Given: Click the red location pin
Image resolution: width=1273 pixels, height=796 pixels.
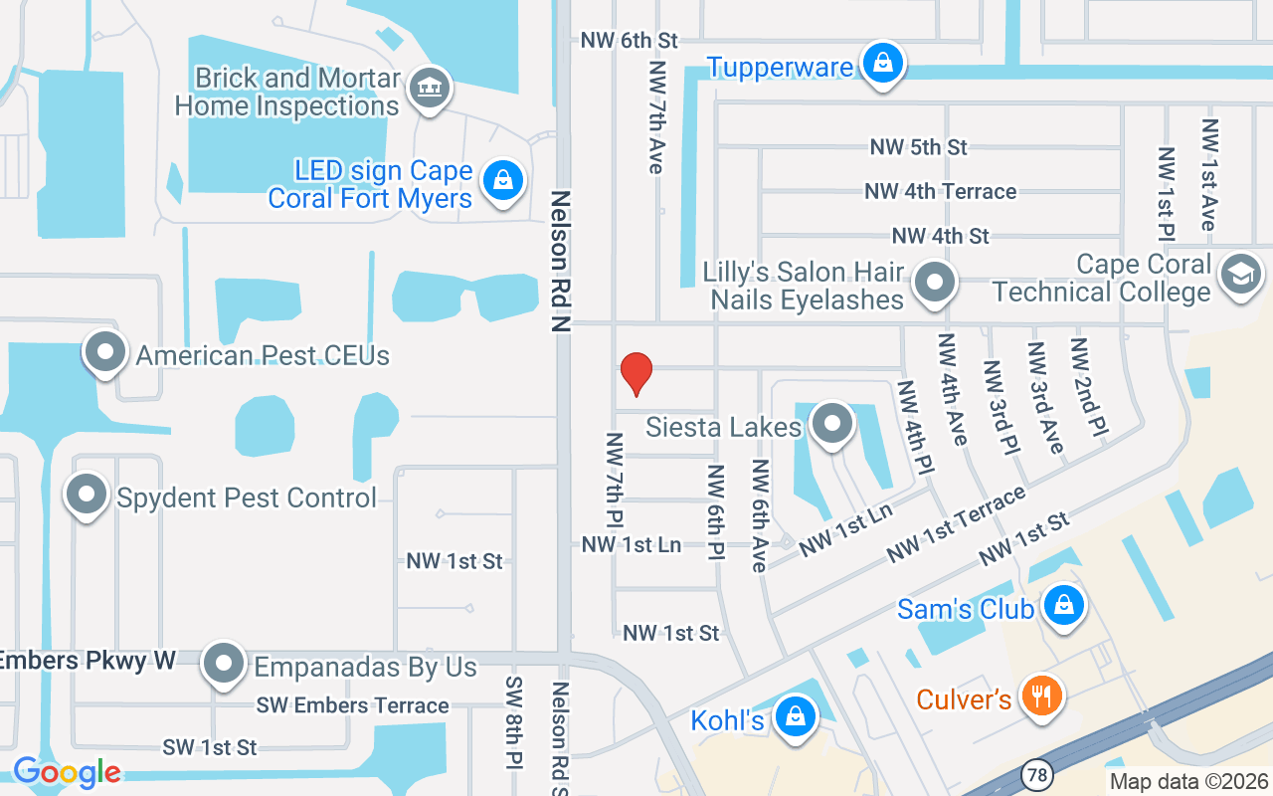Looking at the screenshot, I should coord(636,373).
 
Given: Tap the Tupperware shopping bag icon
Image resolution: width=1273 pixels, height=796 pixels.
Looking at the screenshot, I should coord(882,63).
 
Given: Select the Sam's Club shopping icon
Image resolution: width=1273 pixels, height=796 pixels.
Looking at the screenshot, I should coord(1064,605).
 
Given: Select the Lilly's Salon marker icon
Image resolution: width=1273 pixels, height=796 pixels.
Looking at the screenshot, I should coord(934,283).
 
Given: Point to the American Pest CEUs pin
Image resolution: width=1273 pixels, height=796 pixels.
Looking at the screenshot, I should coord(105,352).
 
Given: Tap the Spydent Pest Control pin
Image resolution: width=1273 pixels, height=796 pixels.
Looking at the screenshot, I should coord(87,495).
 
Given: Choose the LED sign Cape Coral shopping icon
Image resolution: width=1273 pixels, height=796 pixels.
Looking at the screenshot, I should coord(503,182).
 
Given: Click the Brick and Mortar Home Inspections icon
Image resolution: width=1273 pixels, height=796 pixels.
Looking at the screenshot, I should coord(430,88).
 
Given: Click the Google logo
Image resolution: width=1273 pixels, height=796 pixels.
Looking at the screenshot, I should coord(67,772).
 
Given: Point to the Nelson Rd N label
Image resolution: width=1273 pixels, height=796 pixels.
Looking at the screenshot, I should coord(561,261).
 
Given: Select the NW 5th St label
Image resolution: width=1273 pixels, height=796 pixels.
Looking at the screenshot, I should coord(918,147).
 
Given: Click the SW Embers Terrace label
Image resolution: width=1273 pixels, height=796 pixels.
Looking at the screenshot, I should coord(352,705).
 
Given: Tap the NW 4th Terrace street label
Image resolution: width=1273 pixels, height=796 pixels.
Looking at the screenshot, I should coord(940,191).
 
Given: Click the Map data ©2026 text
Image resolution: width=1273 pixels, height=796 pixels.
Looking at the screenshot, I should coord(1189,781).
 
